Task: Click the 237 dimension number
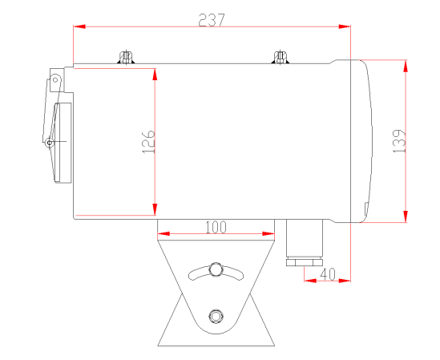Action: pos(212,21)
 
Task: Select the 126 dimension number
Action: pos(147,142)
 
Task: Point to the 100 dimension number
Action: pos(216,227)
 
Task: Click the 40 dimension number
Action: pos(328,273)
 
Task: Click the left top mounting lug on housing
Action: pos(125,58)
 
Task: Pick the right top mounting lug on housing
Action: pos(280,58)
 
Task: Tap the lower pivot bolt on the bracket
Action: pos(214,314)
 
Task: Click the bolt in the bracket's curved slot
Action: pos(215,268)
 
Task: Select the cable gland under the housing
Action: pos(304,245)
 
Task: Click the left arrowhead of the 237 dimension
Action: pos(79,27)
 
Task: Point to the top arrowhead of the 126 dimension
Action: pos(154,74)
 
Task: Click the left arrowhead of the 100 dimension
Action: pos(163,234)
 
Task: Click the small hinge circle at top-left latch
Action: pos(55,79)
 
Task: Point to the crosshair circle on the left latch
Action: pos(50,143)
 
